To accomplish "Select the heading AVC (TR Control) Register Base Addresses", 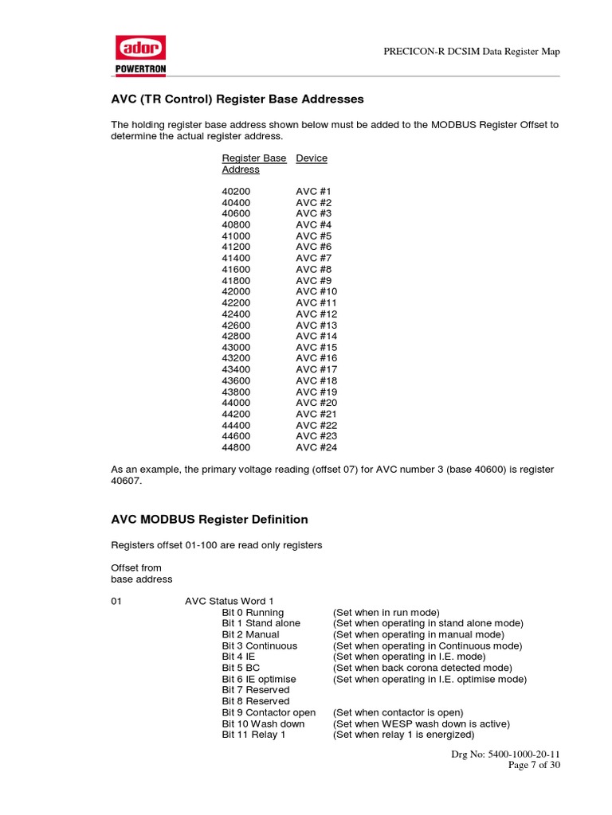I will pos(237,99).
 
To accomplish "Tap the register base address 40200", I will pos(236,192).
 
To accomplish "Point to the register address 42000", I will pos(236,291).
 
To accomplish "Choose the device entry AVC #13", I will pos(316,325).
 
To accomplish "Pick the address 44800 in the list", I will pos(236,447).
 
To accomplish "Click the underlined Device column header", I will pos(312,158).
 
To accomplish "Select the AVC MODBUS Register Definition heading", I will pos(209,520).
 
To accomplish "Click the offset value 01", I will pos(116,602).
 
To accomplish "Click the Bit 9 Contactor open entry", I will pos(269,712).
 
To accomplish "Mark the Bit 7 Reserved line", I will pos(256,690).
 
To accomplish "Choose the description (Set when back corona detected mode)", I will pos(422,668).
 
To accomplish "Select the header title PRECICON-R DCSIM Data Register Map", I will pos(472,52).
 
